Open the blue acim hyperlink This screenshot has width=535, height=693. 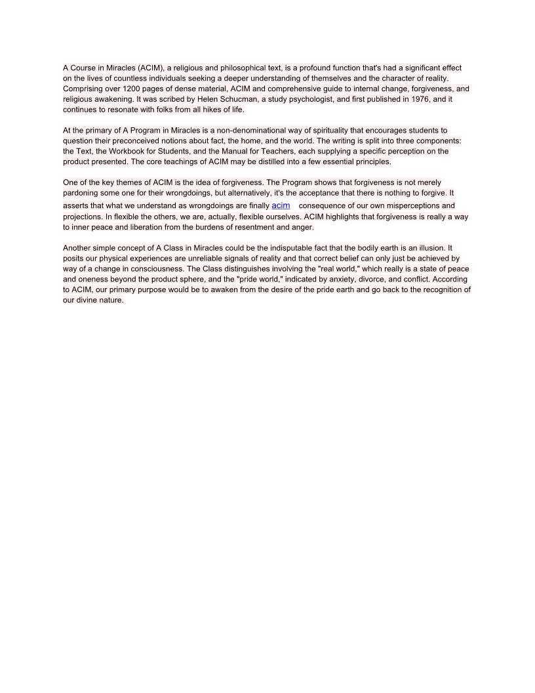281,205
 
